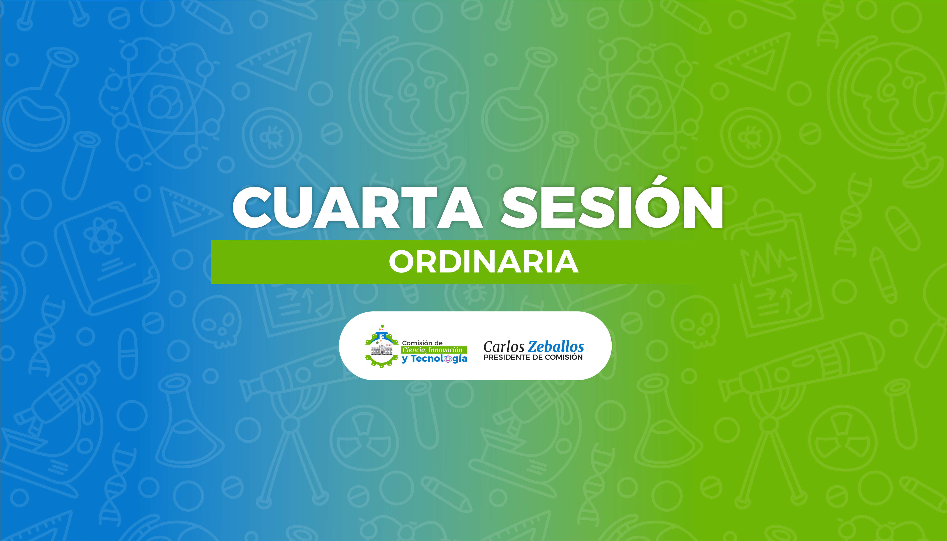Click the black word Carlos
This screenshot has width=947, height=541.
[x=504, y=347]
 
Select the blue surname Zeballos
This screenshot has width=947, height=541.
[x=556, y=347]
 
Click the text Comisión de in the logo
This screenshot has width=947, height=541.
[x=422, y=343]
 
